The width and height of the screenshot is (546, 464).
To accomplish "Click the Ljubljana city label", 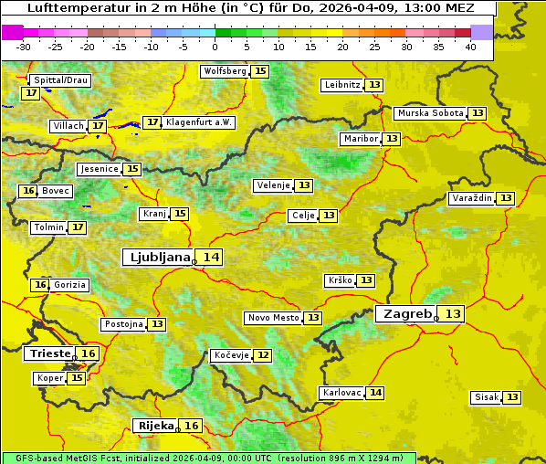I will (x=158, y=258).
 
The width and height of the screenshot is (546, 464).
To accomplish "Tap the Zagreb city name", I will (x=407, y=313).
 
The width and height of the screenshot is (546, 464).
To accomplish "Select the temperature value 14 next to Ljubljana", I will (x=212, y=258).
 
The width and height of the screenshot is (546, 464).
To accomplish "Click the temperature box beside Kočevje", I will (x=262, y=355).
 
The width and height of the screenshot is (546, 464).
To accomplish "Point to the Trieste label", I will (x=49, y=353).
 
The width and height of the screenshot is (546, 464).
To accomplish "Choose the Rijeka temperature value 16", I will (x=191, y=426).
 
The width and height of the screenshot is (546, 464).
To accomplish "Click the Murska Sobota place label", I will (x=429, y=113).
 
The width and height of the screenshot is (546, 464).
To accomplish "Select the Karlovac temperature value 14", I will (x=375, y=393).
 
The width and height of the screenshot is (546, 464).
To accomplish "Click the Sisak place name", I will (x=486, y=397).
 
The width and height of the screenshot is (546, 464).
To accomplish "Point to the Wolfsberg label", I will (x=225, y=71).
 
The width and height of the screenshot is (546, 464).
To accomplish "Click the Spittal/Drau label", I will (x=59, y=80).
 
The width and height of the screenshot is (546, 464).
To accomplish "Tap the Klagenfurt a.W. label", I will (x=199, y=122).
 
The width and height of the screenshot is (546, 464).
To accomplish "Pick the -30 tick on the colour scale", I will (x=24, y=47).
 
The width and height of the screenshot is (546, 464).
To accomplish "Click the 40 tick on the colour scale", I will (x=469, y=47).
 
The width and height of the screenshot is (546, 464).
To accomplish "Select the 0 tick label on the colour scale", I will (x=215, y=47).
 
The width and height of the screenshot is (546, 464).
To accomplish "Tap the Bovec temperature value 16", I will (x=28, y=191).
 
